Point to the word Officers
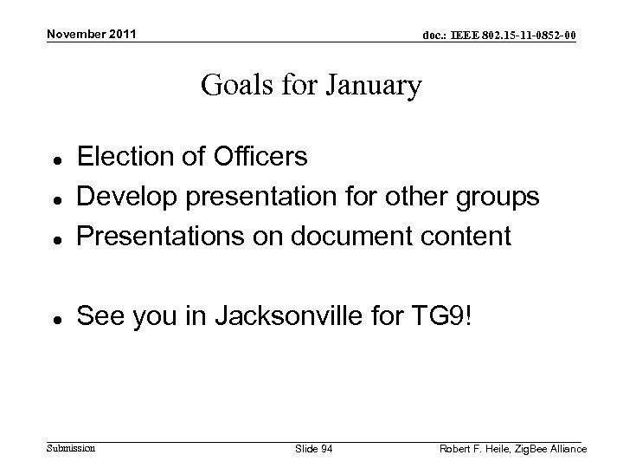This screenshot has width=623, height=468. click(x=264, y=157)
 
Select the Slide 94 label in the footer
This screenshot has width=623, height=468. click(x=314, y=448)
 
